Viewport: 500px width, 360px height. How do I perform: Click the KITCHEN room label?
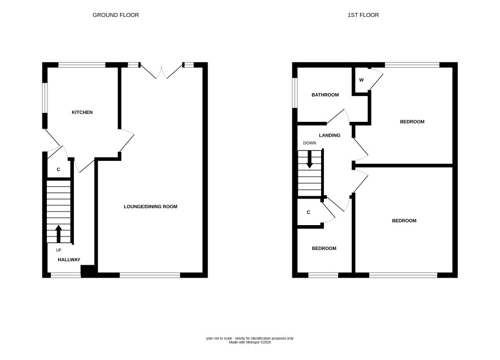[x=82, y=112]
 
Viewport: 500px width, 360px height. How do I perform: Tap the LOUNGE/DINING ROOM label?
[x=151, y=207]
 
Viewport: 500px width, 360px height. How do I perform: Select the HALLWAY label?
[x=69, y=260]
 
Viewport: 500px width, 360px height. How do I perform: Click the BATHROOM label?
[x=325, y=95]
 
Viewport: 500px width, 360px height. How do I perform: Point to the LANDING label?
[x=330, y=135]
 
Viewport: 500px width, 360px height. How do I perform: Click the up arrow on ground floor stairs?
[x=58, y=234]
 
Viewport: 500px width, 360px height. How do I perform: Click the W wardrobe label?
[x=361, y=80]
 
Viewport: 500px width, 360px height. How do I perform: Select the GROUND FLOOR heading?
[x=116, y=15]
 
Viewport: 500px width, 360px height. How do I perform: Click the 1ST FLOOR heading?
[x=363, y=15]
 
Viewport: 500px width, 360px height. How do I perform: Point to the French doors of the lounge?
[x=161, y=72]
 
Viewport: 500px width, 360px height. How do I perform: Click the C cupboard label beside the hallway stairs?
[x=58, y=170]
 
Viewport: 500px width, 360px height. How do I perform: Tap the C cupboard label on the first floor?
[x=308, y=212]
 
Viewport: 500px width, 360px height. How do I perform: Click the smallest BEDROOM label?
[x=324, y=248]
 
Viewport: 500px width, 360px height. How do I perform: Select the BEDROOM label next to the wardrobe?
[x=412, y=121]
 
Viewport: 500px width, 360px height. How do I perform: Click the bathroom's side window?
[x=295, y=93]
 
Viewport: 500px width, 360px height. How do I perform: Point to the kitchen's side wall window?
[x=45, y=98]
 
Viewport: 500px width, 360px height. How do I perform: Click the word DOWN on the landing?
[x=310, y=143]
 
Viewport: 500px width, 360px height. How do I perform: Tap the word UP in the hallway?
[x=59, y=251]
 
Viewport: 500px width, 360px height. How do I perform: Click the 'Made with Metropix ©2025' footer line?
[x=250, y=342]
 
